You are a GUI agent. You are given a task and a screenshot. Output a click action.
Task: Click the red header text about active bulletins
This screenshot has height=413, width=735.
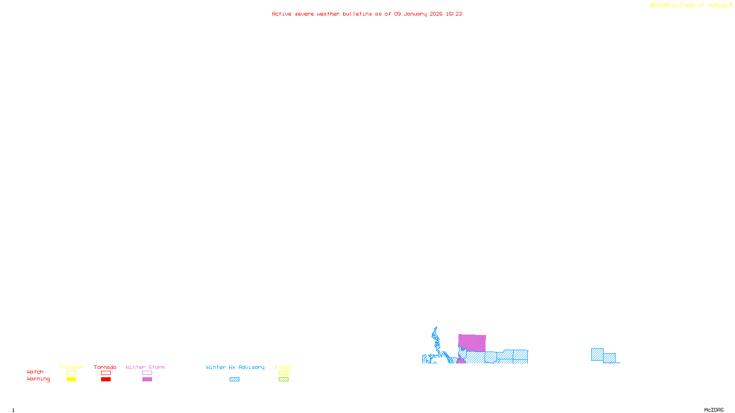click(367, 14)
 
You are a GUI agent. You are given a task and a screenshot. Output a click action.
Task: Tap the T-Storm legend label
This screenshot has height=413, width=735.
click(71, 367)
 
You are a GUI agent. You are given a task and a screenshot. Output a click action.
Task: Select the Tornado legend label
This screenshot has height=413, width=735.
click(105, 367)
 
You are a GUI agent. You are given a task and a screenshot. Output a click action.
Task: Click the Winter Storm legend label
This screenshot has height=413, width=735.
click(145, 367)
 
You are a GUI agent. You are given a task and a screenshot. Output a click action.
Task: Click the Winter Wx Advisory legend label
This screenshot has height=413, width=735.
click(235, 367)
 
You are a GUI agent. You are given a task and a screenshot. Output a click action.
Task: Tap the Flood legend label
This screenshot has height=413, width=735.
click(283, 367)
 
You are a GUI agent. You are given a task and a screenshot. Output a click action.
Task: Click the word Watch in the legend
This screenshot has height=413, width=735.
click(35, 372)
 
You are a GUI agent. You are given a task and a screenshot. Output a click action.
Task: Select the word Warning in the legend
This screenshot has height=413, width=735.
click(38, 379)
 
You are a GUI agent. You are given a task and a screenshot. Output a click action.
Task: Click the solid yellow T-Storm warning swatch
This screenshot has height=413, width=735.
click(71, 380)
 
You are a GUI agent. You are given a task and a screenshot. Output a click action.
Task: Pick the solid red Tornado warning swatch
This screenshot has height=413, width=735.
click(106, 380)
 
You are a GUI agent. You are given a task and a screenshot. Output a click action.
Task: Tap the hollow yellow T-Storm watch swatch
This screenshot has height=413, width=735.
click(71, 373)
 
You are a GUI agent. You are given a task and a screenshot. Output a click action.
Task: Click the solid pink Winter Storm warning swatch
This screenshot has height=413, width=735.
click(147, 380)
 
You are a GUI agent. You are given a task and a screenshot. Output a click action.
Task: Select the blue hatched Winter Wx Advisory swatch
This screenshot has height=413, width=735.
click(234, 380)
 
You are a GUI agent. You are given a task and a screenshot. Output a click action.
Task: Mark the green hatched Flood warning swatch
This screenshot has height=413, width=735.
click(283, 380)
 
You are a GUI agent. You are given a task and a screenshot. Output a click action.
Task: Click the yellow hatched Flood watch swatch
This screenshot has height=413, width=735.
click(283, 373)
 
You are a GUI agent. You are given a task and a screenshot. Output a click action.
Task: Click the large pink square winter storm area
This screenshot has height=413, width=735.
click(472, 343)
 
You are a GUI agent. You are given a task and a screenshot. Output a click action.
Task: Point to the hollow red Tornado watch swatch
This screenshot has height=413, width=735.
click(106, 373)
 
